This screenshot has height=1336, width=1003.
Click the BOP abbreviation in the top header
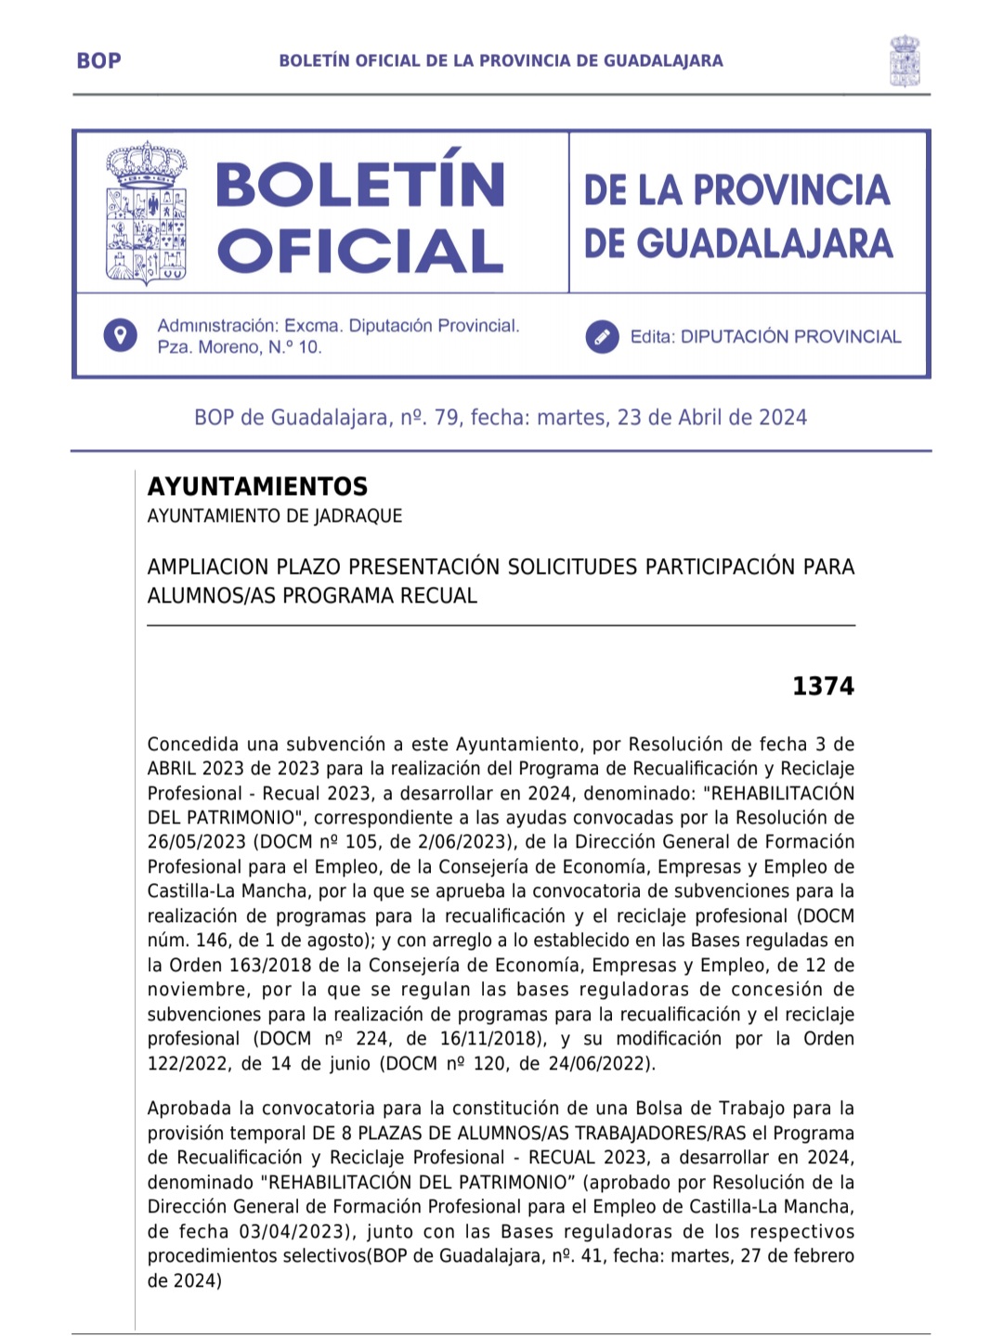click(98, 61)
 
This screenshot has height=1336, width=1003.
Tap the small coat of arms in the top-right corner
click(904, 61)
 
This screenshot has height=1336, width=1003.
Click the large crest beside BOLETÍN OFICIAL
click(147, 213)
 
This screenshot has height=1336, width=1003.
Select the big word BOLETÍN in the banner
click(360, 184)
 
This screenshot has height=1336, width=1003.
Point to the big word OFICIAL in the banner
click(360, 252)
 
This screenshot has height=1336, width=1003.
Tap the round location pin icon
click(120, 335)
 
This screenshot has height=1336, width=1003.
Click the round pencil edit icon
click(602, 336)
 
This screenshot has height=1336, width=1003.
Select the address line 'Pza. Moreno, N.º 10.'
click(240, 347)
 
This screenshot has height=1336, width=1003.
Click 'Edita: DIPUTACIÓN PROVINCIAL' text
click(765, 337)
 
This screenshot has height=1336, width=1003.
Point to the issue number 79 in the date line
click(446, 418)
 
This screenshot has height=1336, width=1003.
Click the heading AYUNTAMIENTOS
click(257, 486)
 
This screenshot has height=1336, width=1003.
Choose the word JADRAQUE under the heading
click(358, 516)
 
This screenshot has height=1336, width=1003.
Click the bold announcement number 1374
click(823, 686)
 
